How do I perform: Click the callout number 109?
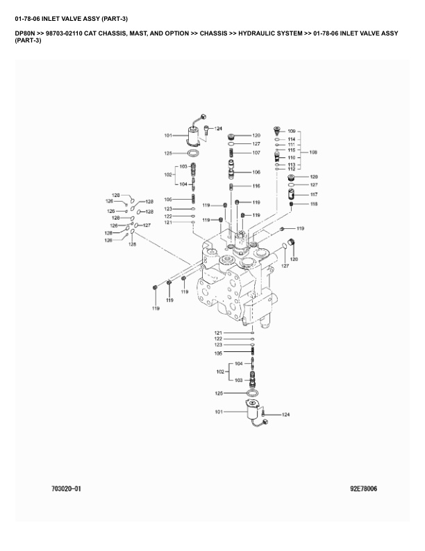[x=292, y=131]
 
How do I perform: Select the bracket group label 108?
[x=313, y=152]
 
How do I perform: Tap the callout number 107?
[x=256, y=152]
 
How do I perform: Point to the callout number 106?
[x=256, y=172]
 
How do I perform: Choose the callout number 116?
[x=256, y=186]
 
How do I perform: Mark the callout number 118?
[x=313, y=204]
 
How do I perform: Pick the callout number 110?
[x=292, y=158]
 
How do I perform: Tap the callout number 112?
[x=292, y=169]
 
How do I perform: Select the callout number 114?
[x=292, y=139]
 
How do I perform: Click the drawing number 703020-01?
[x=66, y=489]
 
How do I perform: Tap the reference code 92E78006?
[x=363, y=489]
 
